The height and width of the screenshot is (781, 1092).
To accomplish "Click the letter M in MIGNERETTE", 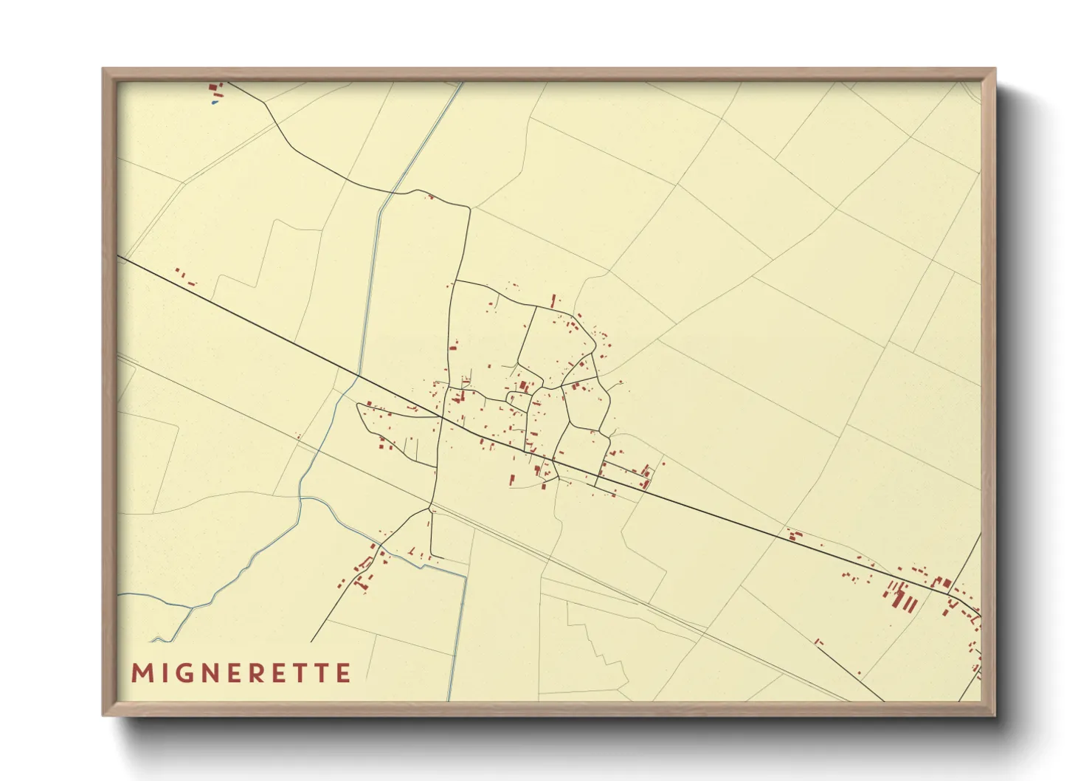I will [x=142, y=673].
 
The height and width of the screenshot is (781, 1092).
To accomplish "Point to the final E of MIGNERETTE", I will [x=342, y=673].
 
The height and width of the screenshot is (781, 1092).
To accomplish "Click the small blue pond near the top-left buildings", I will [x=215, y=103].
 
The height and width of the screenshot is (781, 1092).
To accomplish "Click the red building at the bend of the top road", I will [x=429, y=196].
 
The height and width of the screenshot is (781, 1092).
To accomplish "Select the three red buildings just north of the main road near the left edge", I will [x=186, y=278].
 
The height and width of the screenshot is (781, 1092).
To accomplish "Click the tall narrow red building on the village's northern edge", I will [x=553, y=300].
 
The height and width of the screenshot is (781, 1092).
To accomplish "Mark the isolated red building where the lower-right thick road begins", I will [x=818, y=641].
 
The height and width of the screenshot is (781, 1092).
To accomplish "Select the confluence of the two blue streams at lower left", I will [x=193, y=608].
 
